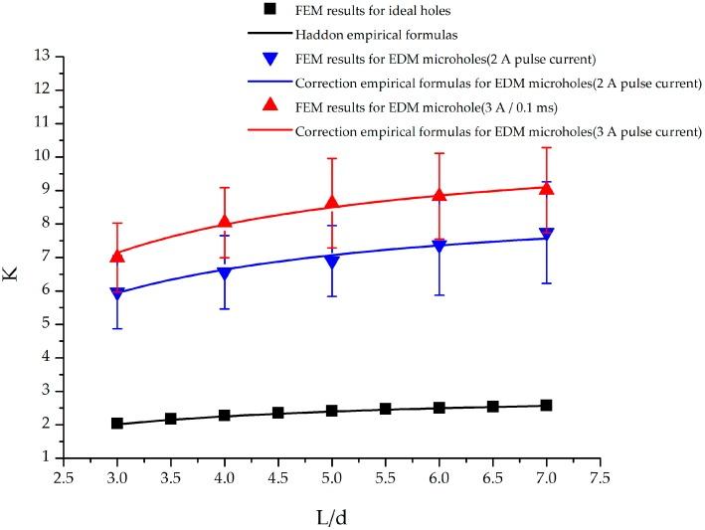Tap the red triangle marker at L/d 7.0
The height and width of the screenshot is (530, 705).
tap(546, 188)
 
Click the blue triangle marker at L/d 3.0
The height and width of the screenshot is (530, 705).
tap(117, 293)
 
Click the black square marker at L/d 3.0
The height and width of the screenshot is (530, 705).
tap(117, 424)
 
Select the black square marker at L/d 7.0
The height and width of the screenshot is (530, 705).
tap(546, 406)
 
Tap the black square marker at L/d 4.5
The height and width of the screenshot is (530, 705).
tap(278, 413)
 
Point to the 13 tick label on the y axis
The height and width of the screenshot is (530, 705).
tap(43, 56)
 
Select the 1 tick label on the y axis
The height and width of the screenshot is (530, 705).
tap(47, 457)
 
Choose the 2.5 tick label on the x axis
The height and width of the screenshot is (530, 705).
tap(64, 477)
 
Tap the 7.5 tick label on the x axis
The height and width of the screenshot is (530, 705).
tap(600, 477)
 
